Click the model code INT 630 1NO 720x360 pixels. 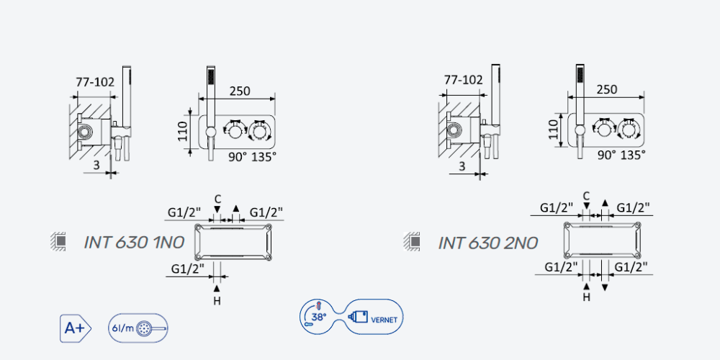134,242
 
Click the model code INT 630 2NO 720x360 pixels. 487,243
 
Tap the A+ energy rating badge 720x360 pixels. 76,328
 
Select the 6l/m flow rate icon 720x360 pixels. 138,328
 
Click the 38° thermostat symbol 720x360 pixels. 320,317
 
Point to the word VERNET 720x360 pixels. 384,320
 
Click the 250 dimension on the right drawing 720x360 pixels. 608,89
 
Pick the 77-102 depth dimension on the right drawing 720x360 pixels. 464,80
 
